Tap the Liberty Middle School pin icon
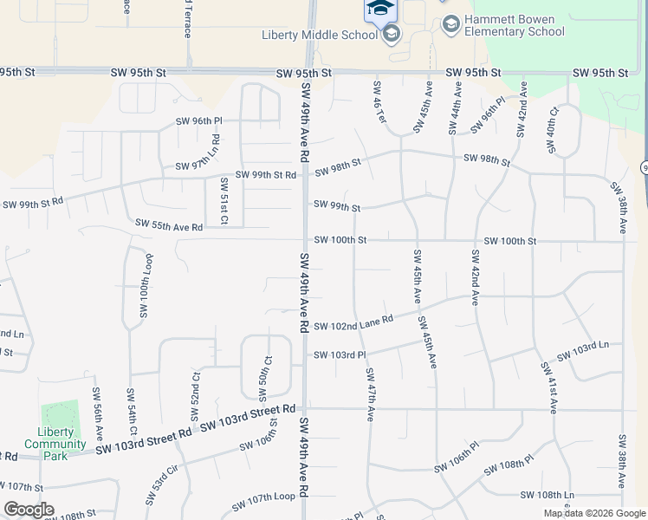pyautogui.click(x=392, y=34)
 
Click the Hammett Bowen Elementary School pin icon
pyautogui.click(x=450, y=23)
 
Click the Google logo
pyautogui.click(x=29, y=510)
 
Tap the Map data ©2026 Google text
pyautogui.click(x=595, y=513)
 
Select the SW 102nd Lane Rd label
pyautogui.click(x=353, y=322)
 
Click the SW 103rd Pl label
pyautogui.click(x=340, y=355)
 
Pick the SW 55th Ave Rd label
pyautogui.click(x=168, y=225)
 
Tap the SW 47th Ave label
pyautogui.click(x=370, y=394)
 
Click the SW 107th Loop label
pyautogui.click(x=263, y=503)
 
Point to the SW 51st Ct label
pyautogui.click(x=224, y=202)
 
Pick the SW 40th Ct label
pyautogui.click(x=551, y=131)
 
